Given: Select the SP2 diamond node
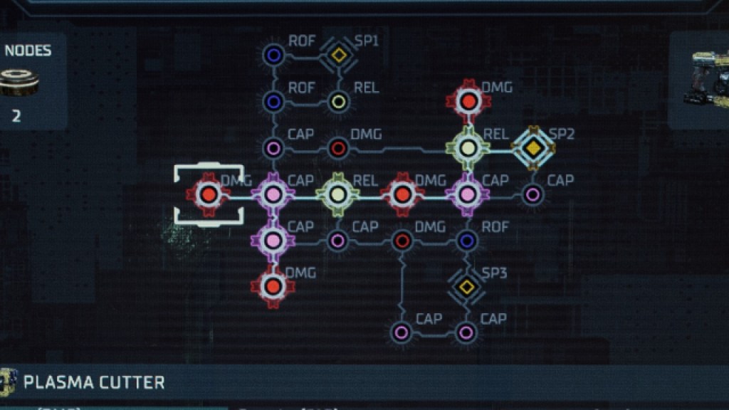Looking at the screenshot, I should [532, 147].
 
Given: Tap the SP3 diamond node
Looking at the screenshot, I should [466, 286].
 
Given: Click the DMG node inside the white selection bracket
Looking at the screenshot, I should [208, 194].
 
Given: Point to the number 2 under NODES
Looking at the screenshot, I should [16, 115].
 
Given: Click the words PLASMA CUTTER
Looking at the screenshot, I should [94, 382].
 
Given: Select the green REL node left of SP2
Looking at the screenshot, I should [468, 147].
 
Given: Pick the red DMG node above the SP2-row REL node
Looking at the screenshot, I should [468, 102].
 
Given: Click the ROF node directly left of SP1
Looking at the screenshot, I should [273, 54].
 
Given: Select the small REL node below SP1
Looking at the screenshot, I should [340, 101].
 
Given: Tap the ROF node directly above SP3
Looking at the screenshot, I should [467, 241].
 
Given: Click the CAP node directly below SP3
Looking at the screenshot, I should [466, 332].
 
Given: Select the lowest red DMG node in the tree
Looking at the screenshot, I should [273, 286].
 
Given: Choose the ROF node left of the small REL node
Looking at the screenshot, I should [273, 101].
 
